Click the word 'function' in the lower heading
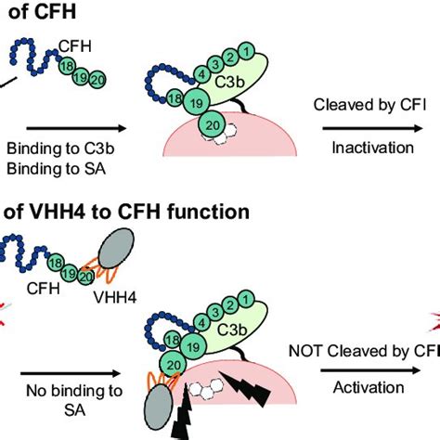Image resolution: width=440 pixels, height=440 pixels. tap(206, 212)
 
